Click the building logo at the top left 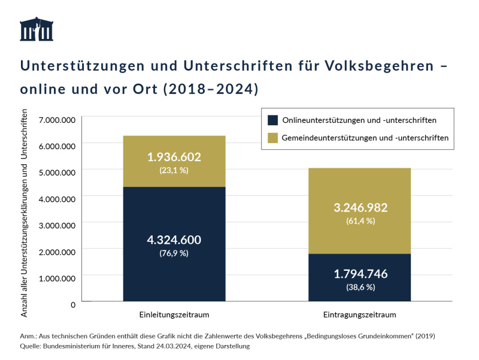pos(37,29)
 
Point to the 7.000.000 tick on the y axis pos(56,120)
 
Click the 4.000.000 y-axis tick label pos(56,199)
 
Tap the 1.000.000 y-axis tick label pos(56,278)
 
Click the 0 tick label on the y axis pos(73,304)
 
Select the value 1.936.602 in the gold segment pos(174,157)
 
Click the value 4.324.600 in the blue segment pos(174,240)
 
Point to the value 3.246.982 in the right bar pos(359,208)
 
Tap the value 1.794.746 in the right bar pos(359,274)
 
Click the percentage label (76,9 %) pos(174,253)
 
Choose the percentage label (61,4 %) pos(359,221)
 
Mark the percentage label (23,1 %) pos(174,170)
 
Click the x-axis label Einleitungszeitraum pos(174,314)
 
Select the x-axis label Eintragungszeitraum pos(359,314)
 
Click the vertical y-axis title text pos(25,213)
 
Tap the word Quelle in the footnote pos(31,346)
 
